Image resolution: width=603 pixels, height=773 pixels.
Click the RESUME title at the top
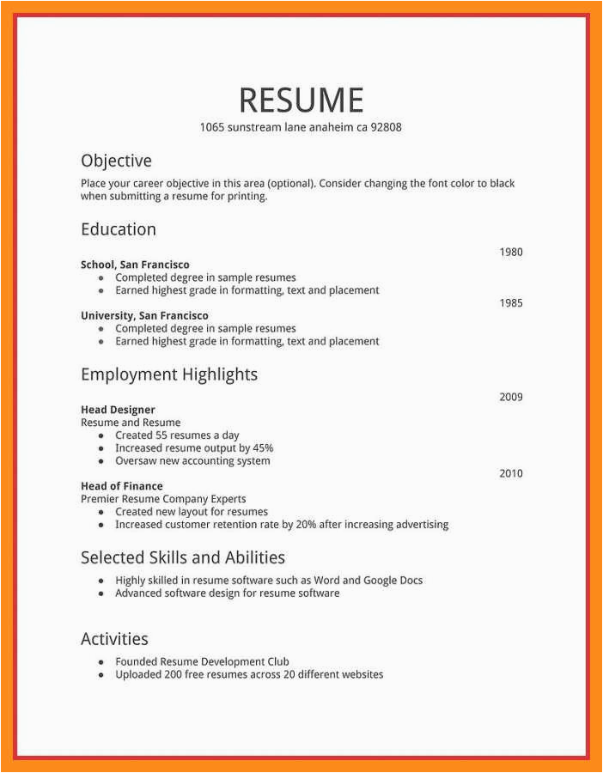pos(301,100)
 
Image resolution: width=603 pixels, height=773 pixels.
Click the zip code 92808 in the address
pos(386,127)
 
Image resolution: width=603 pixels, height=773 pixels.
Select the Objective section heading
pos(116,161)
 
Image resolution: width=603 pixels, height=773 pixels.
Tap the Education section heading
pos(119,229)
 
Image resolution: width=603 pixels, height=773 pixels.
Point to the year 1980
pos(511,253)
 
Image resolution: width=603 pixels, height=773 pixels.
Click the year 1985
pos(511,303)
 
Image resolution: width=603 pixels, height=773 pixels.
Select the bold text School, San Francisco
pos(135,265)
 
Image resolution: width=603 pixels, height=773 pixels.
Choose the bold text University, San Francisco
pos(144,315)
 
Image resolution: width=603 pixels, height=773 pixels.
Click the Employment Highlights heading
pos(169,374)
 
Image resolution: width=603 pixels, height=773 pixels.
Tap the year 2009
pos(511,397)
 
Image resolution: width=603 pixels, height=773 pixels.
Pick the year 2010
pos(511,473)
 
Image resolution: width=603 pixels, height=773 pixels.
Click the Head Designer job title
pos(118,410)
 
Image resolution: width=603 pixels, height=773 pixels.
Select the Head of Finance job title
pos(121,486)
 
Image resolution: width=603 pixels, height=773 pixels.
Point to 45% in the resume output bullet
pos(263,448)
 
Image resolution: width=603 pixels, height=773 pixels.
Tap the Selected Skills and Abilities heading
pos(183,557)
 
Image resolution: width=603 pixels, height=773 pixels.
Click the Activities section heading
pos(114,639)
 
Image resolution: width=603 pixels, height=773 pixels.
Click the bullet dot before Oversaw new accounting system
pos(101,461)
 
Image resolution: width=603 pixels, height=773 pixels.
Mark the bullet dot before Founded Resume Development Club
pos(101,662)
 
